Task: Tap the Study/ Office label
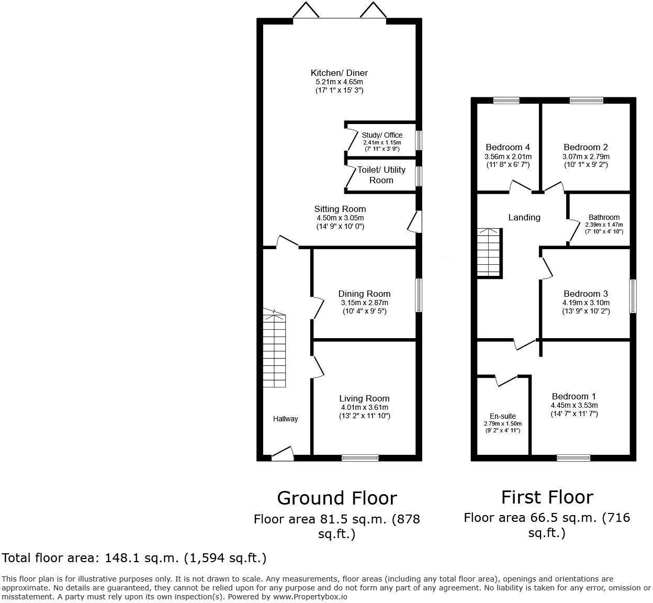click(x=382, y=135)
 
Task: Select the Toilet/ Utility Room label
click(x=381, y=175)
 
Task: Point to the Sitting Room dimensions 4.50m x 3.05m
click(x=340, y=218)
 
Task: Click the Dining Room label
click(x=364, y=294)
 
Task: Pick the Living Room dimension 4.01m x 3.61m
click(x=364, y=407)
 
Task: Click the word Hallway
click(x=286, y=419)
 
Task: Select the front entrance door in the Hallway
click(x=283, y=454)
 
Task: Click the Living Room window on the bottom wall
click(x=360, y=458)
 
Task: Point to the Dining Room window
click(x=419, y=295)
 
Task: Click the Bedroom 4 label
click(x=508, y=147)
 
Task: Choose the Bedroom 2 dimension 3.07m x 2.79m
click(x=586, y=157)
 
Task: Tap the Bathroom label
click(x=604, y=217)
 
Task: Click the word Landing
click(x=524, y=217)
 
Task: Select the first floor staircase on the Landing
click(x=489, y=252)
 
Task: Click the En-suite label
click(x=502, y=416)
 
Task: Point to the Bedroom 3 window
click(x=633, y=296)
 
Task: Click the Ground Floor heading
click(x=336, y=498)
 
